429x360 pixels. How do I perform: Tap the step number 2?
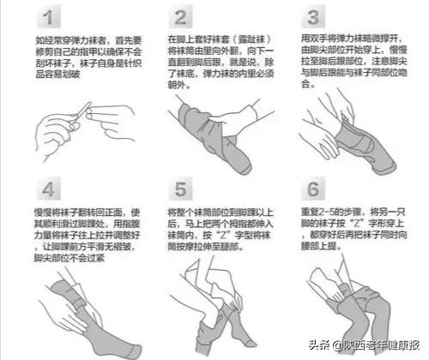pos(182,18)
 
